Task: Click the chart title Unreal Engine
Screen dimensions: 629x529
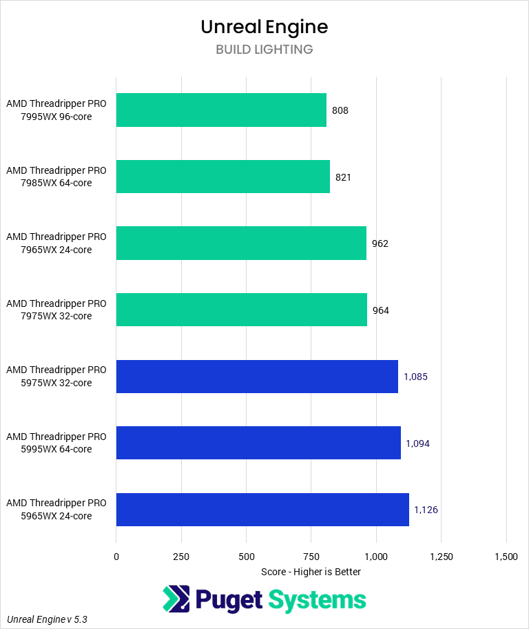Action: click(264, 26)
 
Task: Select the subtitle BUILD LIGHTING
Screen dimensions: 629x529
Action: click(264, 50)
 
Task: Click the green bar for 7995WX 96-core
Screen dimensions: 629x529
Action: click(221, 110)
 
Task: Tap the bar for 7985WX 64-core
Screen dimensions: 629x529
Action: click(222, 177)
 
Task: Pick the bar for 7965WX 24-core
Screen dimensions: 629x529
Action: click(241, 243)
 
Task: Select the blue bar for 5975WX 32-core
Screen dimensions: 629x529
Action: click(257, 377)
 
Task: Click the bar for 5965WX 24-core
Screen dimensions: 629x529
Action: click(262, 510)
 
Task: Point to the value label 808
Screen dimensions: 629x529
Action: click(340, 110)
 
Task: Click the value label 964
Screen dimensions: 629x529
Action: click(380, 310)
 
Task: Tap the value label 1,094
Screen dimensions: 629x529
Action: click(417, 443)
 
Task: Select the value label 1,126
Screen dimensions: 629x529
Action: click(426, 510)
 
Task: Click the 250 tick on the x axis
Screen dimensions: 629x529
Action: click(181, 557)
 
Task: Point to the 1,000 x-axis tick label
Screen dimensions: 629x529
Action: click(376, 557)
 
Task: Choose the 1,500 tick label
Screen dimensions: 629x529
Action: click(506, 557)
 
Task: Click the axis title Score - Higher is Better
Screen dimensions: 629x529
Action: click(311, 572)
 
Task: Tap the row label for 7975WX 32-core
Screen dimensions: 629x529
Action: click(56, 310)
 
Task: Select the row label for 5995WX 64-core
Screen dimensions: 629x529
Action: click(56, 443)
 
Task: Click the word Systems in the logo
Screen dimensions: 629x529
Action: click(317, 599)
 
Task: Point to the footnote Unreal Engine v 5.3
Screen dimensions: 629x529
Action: click(48, 619)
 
